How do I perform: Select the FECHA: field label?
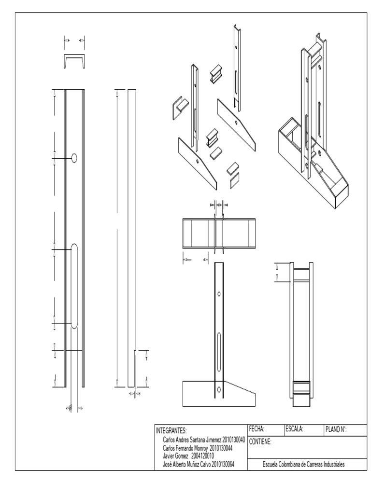(x=259, y=428)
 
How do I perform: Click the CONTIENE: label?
(x=262, y=441)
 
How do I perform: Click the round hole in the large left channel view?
(x=74, y=157)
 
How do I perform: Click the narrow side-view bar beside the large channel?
(x=131, y=236)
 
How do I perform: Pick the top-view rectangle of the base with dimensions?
(x=219, y=234)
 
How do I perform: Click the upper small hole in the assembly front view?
(x=219, y=293)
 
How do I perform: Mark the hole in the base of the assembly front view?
(x=219, y=389)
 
